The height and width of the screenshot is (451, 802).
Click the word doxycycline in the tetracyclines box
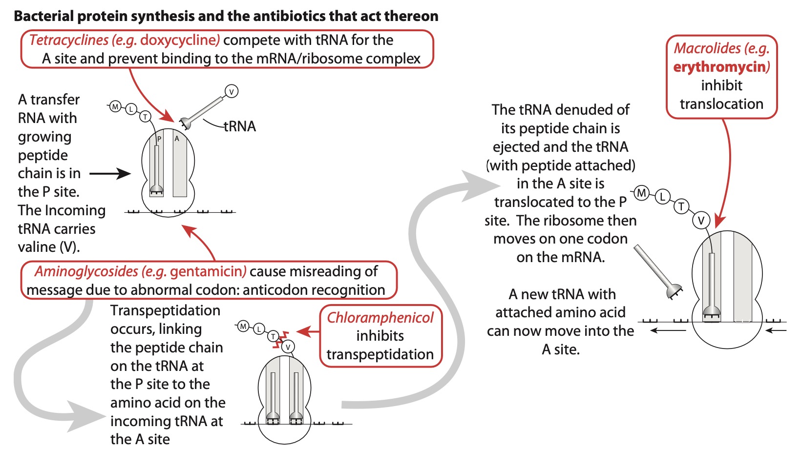(179, 40)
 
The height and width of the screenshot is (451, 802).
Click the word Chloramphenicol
(380, 318)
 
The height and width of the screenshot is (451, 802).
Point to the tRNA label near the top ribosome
(240, 126)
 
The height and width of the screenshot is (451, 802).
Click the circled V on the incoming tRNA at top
(232, 91)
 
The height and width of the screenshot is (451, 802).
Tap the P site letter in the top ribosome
(159, 139)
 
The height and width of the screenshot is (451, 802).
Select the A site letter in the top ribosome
(177, 139)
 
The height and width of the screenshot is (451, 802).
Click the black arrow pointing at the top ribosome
(110, 173)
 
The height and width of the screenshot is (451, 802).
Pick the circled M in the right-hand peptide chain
(642, 193)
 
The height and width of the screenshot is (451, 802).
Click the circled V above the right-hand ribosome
(701, 221)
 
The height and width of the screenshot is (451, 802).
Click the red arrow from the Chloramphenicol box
(308, 332)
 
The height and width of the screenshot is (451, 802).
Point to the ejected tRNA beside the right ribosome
(657, 271)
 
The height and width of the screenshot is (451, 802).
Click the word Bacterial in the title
(44, 16)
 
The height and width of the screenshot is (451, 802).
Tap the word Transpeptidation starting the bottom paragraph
(165, 310)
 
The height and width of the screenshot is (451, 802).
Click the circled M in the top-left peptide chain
(115, 106)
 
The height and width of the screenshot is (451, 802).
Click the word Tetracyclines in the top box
(69, 40)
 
